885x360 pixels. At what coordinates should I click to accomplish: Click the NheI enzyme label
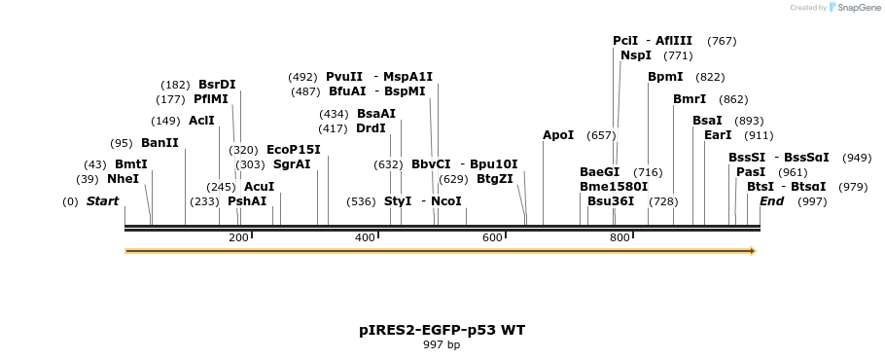(123, 179)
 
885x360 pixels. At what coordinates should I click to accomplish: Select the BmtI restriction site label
(130, 164)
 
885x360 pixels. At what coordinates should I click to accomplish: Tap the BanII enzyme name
(159, 143)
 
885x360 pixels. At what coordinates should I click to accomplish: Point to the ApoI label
(558, 135)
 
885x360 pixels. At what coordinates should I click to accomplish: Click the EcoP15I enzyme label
(293, 150)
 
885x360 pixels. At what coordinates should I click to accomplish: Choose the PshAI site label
(247, 201)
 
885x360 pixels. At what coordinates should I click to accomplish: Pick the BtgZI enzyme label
(494, 179)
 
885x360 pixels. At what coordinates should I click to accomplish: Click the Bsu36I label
(611, 201)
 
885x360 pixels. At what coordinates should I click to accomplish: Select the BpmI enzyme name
(665, 77)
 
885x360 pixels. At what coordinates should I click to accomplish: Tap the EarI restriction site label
(718, 135)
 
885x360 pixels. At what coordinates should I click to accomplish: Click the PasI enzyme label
(751, 172)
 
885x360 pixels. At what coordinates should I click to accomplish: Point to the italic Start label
(102, 201)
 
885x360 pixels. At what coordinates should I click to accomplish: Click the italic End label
(771, 201)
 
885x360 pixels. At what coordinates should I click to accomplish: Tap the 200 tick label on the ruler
(238, 238)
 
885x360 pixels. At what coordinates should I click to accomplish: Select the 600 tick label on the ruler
(492, 238)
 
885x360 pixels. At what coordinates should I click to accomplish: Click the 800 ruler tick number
(619, 238)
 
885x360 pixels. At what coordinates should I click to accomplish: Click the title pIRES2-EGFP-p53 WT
(442, 330)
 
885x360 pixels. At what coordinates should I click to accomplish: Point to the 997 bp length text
(442, 345)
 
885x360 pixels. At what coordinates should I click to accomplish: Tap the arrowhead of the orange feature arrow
(752, 251)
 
